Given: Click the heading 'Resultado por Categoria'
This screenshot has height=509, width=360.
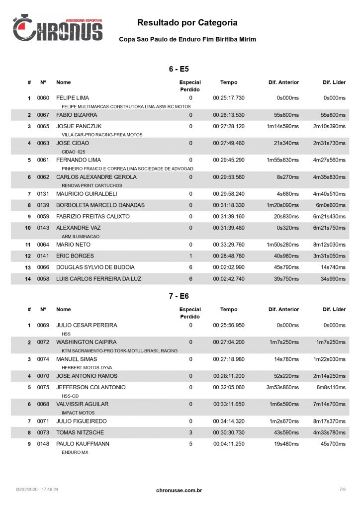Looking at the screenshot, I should click(187, 22).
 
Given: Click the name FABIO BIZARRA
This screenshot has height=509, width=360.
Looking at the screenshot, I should click(77, 115).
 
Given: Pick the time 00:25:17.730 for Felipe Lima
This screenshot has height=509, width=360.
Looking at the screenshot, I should click(229, 98).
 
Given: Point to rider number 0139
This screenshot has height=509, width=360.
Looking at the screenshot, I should click(43, 205).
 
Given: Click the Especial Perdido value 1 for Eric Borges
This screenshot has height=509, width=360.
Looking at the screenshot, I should click(190, 256).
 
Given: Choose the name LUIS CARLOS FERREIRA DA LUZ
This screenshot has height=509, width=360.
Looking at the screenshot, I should click(98, 279).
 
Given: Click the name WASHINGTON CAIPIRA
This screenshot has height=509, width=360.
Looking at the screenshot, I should click(87, 342).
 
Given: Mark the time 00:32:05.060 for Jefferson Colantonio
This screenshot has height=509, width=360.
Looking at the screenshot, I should click(229, 387).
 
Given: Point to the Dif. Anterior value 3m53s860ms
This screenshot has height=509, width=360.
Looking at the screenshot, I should click(282, 387).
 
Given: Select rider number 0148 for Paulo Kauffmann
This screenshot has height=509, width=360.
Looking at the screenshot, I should click(43, 443).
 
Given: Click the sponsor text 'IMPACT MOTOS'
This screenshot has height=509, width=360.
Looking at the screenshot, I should click(78, 413).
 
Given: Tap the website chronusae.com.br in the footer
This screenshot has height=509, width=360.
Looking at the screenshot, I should click(179, 491).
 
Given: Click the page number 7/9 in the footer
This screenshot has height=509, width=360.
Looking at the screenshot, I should click(342, 490).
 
